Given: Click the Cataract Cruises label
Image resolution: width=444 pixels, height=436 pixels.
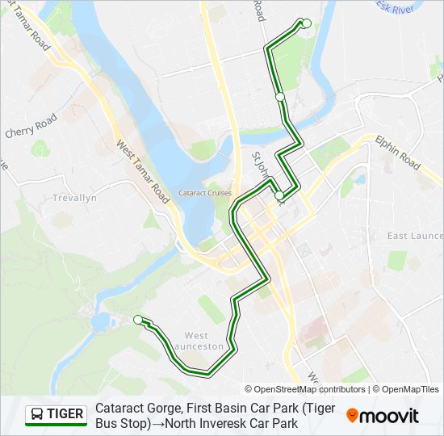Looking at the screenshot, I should (205, 193).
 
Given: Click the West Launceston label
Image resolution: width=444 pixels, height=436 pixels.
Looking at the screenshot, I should (203, 341).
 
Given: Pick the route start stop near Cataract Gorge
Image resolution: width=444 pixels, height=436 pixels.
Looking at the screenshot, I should (138, 319).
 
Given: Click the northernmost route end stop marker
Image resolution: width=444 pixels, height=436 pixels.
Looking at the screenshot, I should (306, 23).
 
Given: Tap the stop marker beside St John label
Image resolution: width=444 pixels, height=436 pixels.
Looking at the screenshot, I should (279, 195).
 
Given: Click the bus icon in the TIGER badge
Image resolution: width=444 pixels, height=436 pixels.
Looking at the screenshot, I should (37, 415).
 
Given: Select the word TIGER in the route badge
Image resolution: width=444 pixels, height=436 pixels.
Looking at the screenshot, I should (65, 415).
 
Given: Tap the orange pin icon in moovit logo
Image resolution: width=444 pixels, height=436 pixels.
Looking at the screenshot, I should (352, 416).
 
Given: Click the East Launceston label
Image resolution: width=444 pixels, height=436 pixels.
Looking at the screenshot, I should (413, 236).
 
